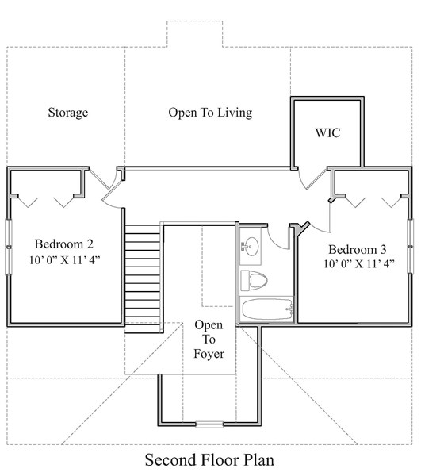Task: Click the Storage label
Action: pos(67,113)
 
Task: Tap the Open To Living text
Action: pos(210,113)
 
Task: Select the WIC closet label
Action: pos(327,132)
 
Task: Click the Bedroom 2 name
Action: pos(64,244)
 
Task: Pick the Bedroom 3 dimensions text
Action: pos(357,264)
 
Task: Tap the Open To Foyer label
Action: pos(209,340)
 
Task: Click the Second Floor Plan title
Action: pos(210,459)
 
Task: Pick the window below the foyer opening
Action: pos(209,424)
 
